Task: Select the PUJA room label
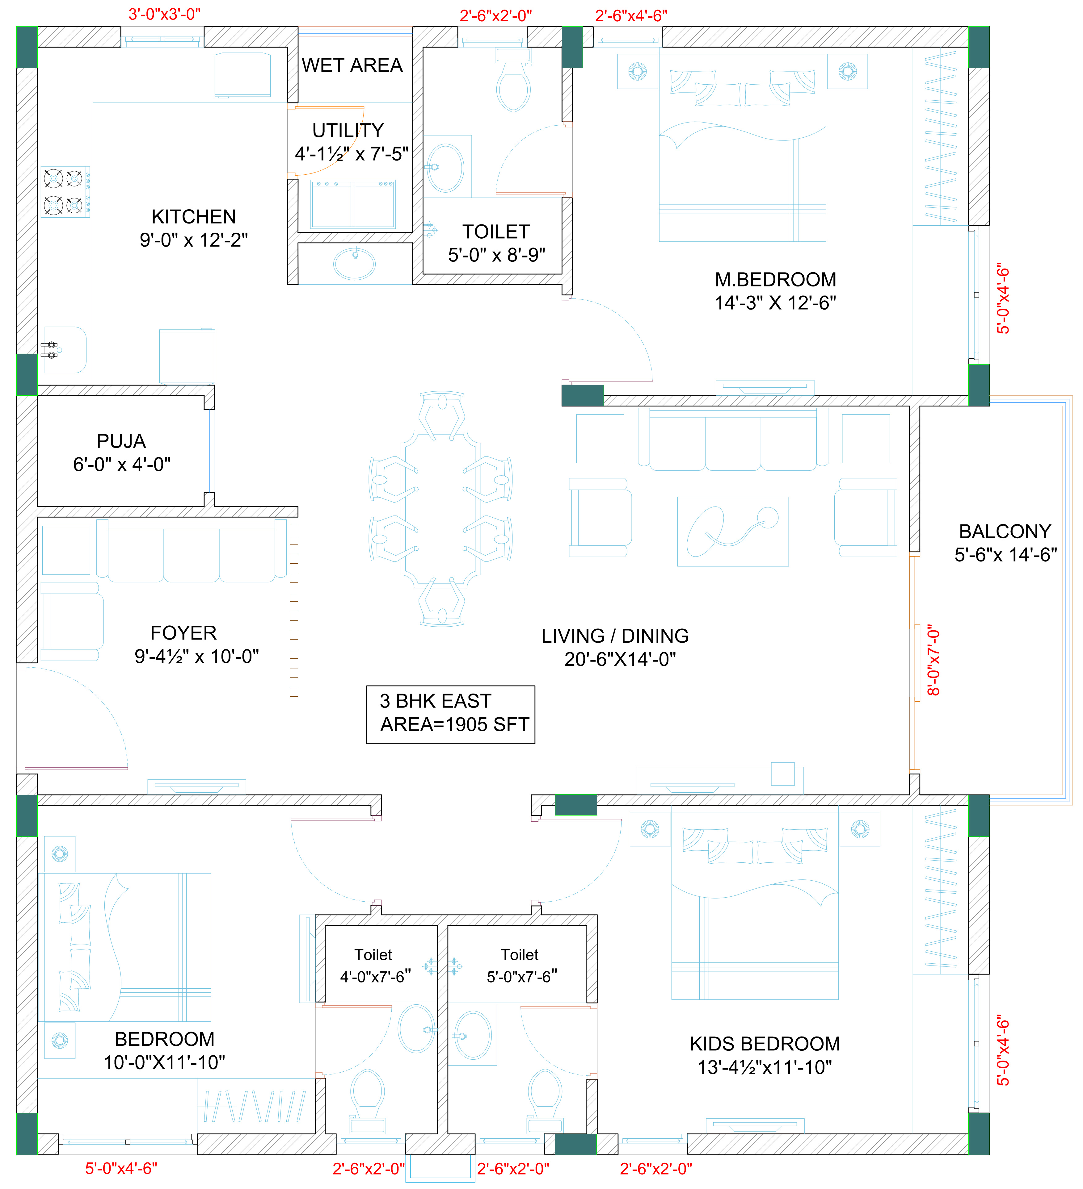pyautogui.click(x=121, y=441)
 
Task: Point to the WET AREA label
pyautogui.click(x=352, y=65)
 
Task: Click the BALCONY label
pyautogui.click(x=1005, y=532)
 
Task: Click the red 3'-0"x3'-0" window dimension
pyautogui.click(x=165, y=14)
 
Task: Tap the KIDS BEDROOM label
pyautogui.click(x=765, y=1044)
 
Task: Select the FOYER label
pyautogui.click(x=183, y=633)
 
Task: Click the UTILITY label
pyautogui.click(x=348, y=130)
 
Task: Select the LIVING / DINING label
pyautogui.click(x=615, y=636)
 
